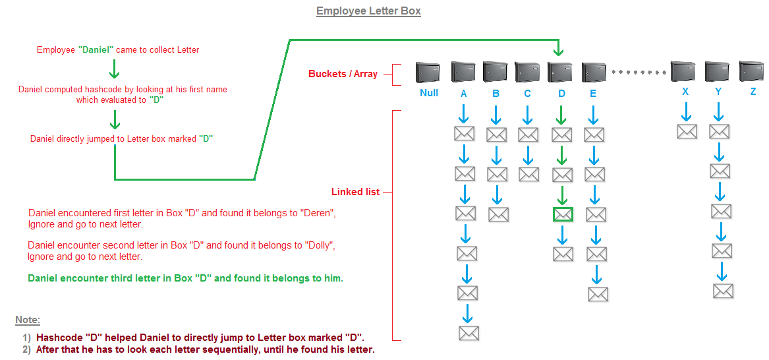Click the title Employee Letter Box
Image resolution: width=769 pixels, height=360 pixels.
pyautogui.click(x=368, y=11)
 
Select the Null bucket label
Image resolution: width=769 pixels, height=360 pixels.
pyautogui.click(x=429, y=93)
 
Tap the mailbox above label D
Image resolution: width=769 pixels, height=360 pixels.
pyautogui.click(x=559, y=72)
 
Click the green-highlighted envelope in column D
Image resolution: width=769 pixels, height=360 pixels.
pyautogui.click(x=563, y=214)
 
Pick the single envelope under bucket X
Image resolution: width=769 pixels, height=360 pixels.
pyautogui.click(x=687, y=131)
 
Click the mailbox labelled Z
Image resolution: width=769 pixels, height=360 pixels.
pyautogui.click(x=752, y=71)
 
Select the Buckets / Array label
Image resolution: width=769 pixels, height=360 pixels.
pyautogui.click(x=343, y=74)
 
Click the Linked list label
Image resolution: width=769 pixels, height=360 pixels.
pyautogui.click(x=355, y=192)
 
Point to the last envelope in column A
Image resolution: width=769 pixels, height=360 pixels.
pyautogui.click(x=469, y=332)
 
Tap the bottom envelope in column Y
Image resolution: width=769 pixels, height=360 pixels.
pyautogui.click(x=723, y=291)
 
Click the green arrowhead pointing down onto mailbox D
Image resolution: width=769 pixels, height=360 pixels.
pyautogui.click(x=558, y=51)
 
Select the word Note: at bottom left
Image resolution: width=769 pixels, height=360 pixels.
pyautogui.click(x=28, y=320)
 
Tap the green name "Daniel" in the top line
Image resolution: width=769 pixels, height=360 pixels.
pyautogui.click(x=97, y=49)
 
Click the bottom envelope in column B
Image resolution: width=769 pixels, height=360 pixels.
pyautogui.click(x=498, y=214)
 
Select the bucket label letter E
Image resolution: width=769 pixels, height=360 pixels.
pyautogui.click(x=593, y=94)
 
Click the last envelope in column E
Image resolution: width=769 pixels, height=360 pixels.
pyautogui.click(x=598, y=293)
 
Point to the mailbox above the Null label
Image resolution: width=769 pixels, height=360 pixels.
pyautogui.click(x=428, y=72)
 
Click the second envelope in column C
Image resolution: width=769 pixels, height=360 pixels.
pyautogui.click(x=528, y=174)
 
